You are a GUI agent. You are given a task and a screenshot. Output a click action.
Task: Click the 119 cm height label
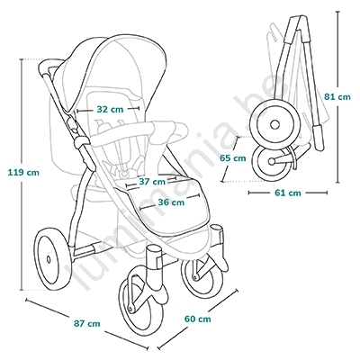[x=23, y=173]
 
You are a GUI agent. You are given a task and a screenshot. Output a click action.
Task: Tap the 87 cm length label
[x=87, y=324]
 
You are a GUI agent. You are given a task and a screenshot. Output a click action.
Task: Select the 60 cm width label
[x=198, y=319]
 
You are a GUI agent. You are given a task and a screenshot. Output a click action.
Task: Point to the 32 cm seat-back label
[x=110, y=109]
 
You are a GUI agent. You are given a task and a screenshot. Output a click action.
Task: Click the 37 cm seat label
[x=152, y=182]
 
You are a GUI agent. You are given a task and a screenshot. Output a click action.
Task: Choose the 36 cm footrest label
[x=171, y=202]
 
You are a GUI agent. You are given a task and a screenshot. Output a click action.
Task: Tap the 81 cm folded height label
[x=337, y=97]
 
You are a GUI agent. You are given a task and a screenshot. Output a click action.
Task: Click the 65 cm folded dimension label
[x=233, y=157]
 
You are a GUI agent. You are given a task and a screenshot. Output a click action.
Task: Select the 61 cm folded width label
[x=288, y=193]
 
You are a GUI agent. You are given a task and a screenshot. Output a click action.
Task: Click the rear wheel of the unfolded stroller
[x=54, y=259]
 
